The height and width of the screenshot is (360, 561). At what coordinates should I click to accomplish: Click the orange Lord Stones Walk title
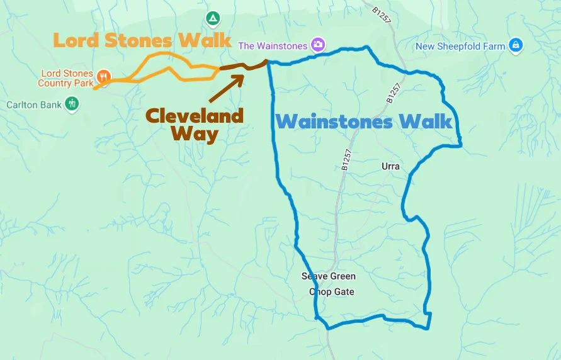(142, 40)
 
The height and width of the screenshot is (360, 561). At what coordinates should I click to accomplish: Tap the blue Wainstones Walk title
(365, 121)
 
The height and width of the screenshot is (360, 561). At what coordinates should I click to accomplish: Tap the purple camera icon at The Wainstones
(319, 45)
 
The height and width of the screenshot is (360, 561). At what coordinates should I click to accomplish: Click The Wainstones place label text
(273, 46)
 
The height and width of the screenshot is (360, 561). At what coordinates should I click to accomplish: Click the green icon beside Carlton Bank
(72, 103)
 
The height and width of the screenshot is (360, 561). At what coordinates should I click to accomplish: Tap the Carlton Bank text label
(34, 104)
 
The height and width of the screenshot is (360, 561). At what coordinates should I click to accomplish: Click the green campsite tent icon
(213, 17)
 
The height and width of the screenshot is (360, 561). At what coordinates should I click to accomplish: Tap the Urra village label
(390, 167)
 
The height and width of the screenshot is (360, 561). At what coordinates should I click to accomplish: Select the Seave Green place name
(328, 276)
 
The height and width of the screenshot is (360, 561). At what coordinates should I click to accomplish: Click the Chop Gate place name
(331, 292)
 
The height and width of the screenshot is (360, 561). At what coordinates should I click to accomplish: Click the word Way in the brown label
(195, 133)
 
